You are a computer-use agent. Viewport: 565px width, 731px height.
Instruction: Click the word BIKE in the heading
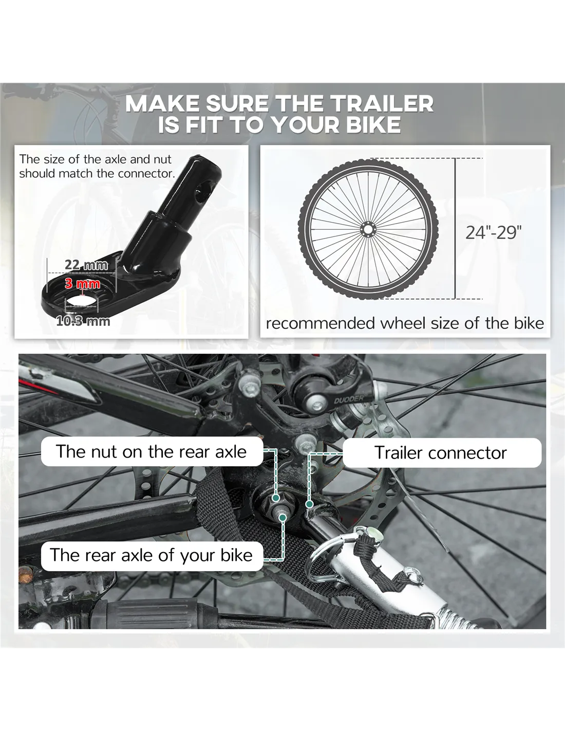click(373, 125)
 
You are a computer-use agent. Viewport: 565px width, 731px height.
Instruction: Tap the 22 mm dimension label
click(86, 265)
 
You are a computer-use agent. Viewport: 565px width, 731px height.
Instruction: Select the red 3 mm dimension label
click(82, 284)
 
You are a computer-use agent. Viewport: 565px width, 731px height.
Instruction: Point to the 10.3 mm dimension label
click(83, 321)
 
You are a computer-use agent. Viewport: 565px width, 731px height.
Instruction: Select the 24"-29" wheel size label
click(494, 232)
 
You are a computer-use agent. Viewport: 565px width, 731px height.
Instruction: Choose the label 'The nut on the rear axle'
click(151, 451)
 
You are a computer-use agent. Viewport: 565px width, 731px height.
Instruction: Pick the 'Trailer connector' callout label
click(441, 453)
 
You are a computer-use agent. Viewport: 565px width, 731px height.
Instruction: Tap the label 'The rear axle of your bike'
click(151, 555)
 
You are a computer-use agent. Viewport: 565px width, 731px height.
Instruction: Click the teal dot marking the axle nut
click(276, 498)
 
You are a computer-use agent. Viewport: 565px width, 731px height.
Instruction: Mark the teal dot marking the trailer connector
click(309, 504)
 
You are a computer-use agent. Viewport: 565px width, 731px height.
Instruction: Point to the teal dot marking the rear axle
click(283, 518)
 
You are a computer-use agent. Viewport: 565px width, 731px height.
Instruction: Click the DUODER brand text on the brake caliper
click(349, 399)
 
